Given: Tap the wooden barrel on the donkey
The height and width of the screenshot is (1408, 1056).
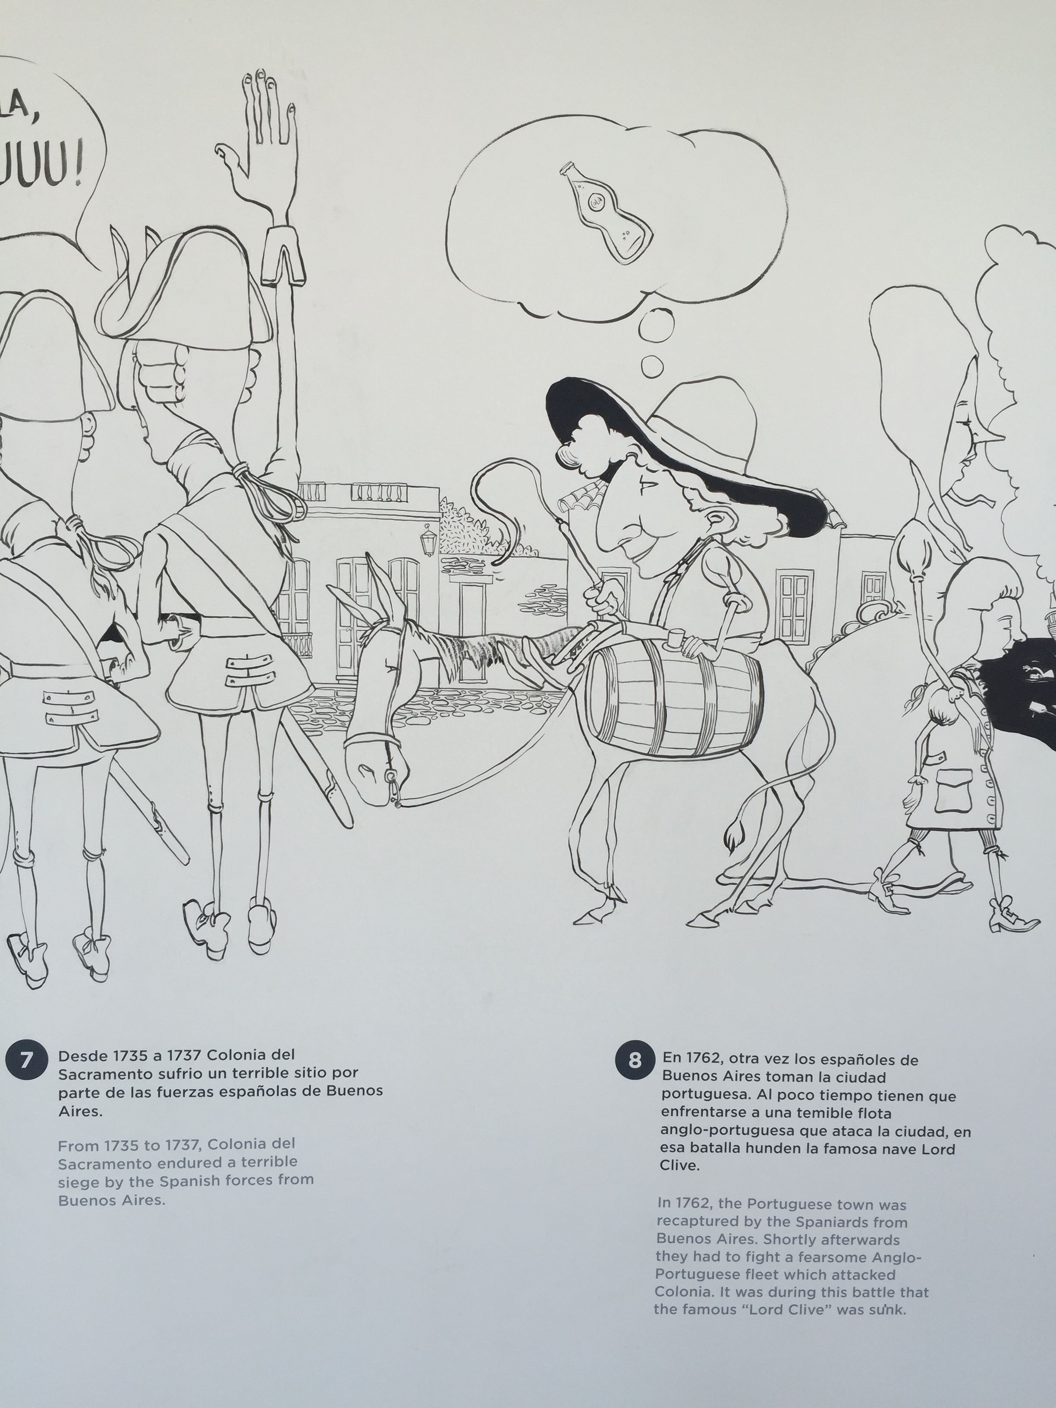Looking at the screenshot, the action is pos(673,698).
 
